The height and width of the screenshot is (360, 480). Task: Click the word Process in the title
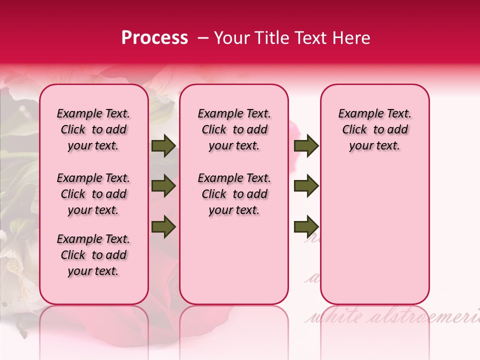[154, 38]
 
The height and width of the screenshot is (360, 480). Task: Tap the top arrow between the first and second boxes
[163, 146]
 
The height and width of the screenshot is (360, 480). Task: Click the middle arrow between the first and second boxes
[163, 186]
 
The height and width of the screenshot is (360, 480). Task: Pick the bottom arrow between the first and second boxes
[163, 227]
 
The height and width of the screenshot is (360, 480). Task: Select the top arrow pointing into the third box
[306, 146]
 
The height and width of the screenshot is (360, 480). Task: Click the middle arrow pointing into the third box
[306, 186]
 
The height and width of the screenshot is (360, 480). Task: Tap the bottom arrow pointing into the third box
[306, 227]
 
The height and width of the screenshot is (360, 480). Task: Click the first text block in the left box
[93, 129]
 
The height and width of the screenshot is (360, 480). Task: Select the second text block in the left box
[93, 194]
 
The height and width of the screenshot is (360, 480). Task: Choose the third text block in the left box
[93, 255]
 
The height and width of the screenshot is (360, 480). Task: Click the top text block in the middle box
[234, 129]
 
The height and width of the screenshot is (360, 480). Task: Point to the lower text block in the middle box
[234, 194]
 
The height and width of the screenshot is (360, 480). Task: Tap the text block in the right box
[374, 129]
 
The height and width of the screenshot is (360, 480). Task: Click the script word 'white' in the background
[332, 316]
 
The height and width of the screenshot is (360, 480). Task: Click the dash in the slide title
[202, 38]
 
